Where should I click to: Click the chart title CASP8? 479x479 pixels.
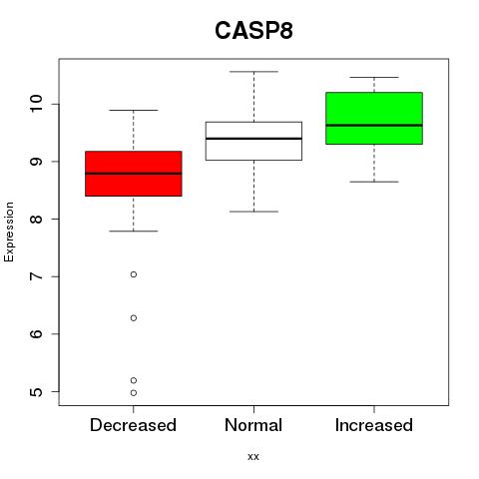(253, 31)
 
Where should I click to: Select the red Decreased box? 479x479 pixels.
(134, 174)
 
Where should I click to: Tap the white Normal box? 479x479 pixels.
(253, 141)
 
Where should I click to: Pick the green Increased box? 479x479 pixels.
(374, 118)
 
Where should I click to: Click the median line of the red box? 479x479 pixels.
(134, 174)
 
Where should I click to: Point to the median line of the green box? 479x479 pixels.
(374, 126)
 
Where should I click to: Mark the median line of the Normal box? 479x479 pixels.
(253, 139)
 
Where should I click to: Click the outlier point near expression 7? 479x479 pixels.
(134, 274)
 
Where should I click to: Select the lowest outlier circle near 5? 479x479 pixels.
(134, 393)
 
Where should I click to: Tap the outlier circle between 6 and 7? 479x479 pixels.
(134, 318)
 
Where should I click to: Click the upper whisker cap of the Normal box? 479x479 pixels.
(253, 72)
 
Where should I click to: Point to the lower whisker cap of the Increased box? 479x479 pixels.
(374, 182)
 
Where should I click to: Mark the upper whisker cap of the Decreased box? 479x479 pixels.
(134, 110)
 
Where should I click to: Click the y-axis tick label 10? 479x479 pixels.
(36, 104)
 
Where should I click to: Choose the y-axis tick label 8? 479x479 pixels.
(36, 219)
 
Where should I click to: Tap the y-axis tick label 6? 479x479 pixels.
(36, 334)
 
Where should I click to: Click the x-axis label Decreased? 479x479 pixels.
(133, 425)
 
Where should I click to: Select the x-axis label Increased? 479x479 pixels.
(374, 425)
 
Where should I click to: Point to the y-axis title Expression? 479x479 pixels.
(9, 232)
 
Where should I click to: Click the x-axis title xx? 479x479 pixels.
(253, 457)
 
